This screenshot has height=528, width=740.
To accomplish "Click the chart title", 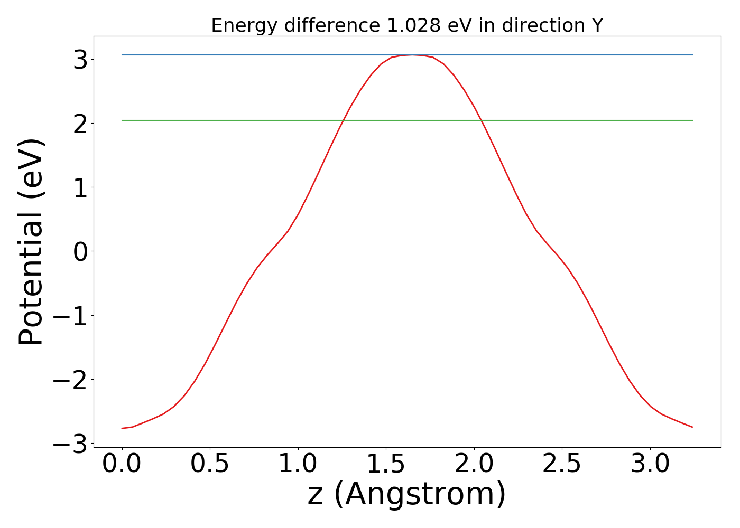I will pyautogui.click(x=407, y=25).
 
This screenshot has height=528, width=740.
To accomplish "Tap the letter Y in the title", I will pyautogui.click(x=597, y=25).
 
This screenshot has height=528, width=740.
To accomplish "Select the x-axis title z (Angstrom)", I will pyautogui.click(x=406, y=494).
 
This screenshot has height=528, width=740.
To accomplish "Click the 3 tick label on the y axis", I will pyautogui.click(x=80, y=60).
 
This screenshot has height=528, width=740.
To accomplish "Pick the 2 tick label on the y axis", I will pyautogui.click(x=80, y=124).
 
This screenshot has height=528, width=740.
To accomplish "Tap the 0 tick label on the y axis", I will pyautogui.click(x=80, y=252).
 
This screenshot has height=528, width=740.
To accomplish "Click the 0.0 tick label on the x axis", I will pyautogui.click(x=122, y=464).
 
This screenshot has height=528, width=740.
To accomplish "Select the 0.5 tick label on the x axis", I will pyautogui.click(x=210, y=464).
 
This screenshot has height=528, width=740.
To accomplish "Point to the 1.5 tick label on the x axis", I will pyautogui.click(x=386, y=464).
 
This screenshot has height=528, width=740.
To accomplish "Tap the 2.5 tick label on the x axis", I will pyautogui.click(x=562, y=464).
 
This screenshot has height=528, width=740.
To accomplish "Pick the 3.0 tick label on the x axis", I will pyautogui.click(x=650, y=464).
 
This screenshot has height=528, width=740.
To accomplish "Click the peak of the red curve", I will pyautogui.click(x=412, y=55).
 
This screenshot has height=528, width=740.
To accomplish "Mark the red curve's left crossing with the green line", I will pyautogui.click(x=343, y=120).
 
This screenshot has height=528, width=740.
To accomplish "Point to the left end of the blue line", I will pyautogui.click(x=122, y=55).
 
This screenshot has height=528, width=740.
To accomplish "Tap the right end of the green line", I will pyautogui.click(x=692, y=120).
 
